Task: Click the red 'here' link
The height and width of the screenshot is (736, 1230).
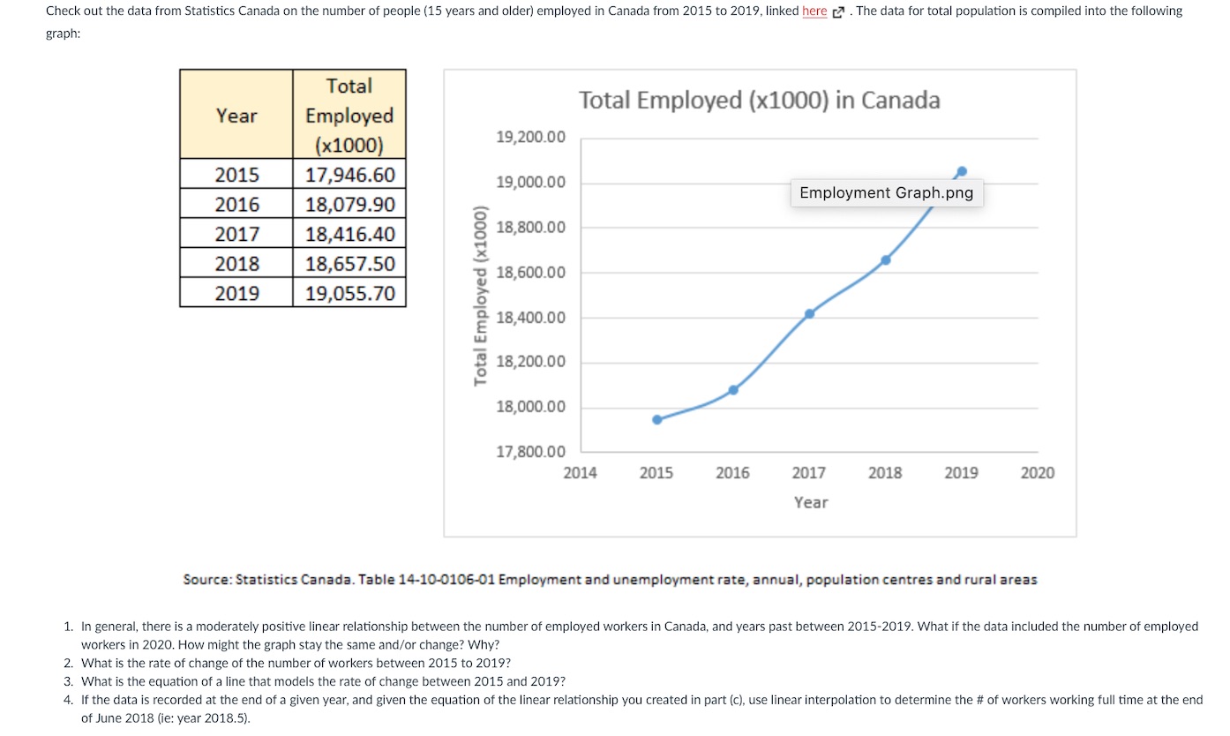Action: coord(814,11)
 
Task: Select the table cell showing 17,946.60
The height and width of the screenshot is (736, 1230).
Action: coord(349,174)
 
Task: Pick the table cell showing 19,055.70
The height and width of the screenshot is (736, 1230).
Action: coord(349,293)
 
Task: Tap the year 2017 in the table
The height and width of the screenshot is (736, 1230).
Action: coord(236,234)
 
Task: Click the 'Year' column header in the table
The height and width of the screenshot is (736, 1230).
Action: coord(236,116)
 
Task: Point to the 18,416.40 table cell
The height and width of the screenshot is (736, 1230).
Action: coord(349,234)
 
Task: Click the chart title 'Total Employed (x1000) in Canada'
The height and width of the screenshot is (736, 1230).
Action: coord(759,101)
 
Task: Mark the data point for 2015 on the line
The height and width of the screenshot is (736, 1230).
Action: coord(656,419)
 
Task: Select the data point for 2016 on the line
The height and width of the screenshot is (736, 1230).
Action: coord(733,390)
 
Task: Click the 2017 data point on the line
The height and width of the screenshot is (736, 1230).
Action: coord(809,313)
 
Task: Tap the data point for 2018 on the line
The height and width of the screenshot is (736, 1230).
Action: coord(886,259)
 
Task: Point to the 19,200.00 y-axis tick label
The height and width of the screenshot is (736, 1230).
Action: coord(531,138)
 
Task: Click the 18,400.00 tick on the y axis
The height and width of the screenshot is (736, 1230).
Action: coord(531,318)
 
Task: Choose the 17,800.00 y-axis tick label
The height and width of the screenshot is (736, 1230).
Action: coord(531,452)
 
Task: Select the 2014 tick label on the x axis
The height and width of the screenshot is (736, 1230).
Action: coord(580,473)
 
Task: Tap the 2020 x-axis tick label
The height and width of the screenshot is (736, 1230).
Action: coord(1037,473)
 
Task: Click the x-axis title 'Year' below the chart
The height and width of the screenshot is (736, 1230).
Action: coord(810,502)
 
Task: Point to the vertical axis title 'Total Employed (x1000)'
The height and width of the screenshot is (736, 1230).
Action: coord(481,296)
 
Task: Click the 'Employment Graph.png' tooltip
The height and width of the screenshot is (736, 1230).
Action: coord(886,192)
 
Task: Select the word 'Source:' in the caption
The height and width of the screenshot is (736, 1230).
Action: coord(206,580)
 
